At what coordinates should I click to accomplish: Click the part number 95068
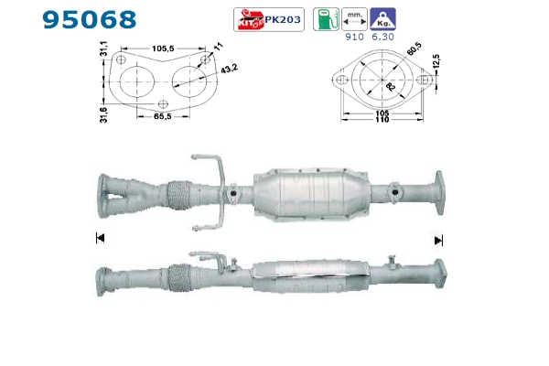[90, 19]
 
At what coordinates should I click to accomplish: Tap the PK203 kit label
[283, 19]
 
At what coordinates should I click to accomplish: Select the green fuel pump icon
[326, 19]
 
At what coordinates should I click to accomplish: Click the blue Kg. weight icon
[383, 19]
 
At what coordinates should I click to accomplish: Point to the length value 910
[354, 37]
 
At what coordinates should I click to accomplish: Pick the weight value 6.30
[382, 37]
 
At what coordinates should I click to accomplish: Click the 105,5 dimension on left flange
[163, 48]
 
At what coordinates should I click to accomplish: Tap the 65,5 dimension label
[163, 116]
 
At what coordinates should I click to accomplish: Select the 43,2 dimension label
[229, 69]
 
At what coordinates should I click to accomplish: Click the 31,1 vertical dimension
[104, 48]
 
